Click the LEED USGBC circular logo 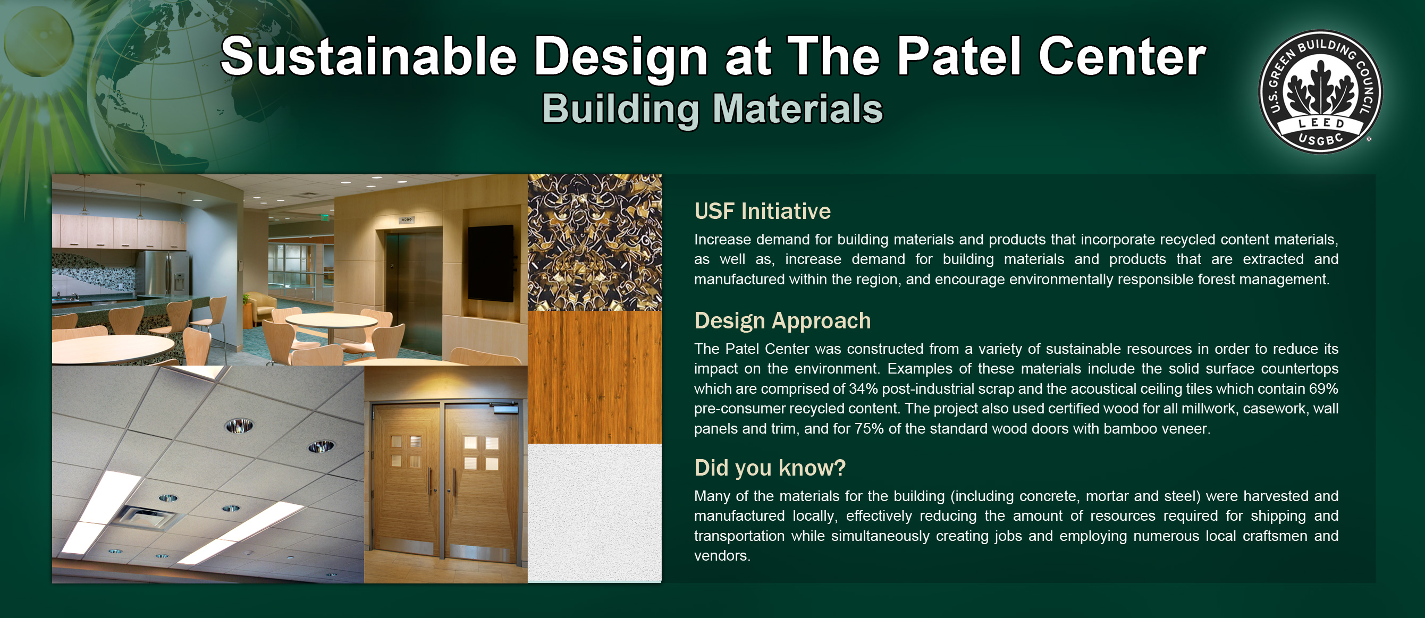(1320, 92)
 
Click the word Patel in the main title (959, 56)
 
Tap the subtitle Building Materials (712, 108)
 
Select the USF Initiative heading (762, 211)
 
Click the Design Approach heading (782, 321)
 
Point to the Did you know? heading (770, 468)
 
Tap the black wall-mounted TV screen (490, 264)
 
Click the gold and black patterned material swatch (594, 242)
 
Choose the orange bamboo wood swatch (594, 377)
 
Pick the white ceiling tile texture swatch (594, 513)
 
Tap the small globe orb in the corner (39, 41)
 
